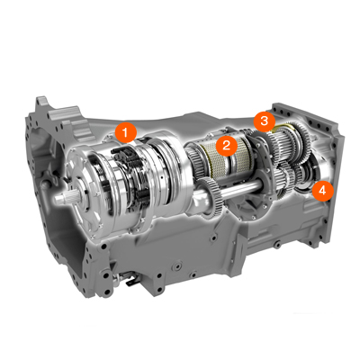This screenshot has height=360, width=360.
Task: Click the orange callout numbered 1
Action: tap(126, 132)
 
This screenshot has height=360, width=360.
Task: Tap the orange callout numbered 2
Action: tap(227, 145)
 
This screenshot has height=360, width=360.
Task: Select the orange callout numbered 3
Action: tap(265, 121)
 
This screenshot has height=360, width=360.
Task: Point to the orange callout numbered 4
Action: tap(322, 191)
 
